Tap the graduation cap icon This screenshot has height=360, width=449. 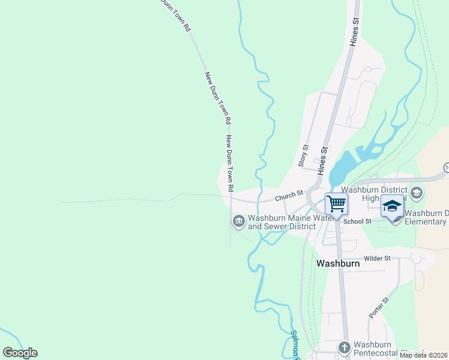pyautogui.click(x=392, y=206)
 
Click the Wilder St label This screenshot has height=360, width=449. pyautogui.click(x=377, y=258)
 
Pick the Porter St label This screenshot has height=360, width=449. pyautogui.click(x=376, y=307)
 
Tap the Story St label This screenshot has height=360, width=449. pyautogui.click(x=303, y=155)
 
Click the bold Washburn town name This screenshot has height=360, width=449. pyautogui.click(x=338, y=263)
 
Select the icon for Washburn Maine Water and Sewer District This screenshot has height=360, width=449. pyautogui.click(x=239, y=222)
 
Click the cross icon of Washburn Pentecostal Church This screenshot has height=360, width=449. pyautogui.click(x=345, y=347)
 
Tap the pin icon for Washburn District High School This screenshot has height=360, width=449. pyautogui.click(x=418, y=193)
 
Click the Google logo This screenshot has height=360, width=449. pyautogui.click(x=20, y=353)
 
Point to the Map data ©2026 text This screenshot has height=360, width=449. pyautogui.click(x=424, y=355)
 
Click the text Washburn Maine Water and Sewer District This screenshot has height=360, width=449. pyautogui.click(x=282, y=222)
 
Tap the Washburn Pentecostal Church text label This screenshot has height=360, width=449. pyautogui.click(x=381, y=349)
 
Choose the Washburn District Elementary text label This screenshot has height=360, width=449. pyautogui.click(x=426, y=217)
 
